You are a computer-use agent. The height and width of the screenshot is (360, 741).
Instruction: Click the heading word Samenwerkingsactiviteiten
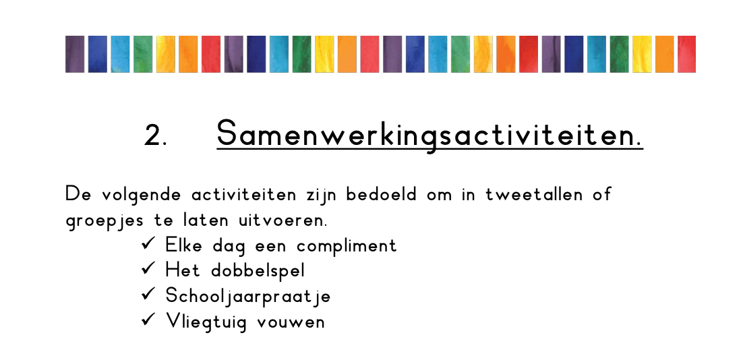pos(429,134)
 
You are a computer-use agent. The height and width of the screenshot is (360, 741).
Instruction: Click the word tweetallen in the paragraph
pos(534,194)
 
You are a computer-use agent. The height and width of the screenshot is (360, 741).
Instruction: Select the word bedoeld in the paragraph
pos(382,194)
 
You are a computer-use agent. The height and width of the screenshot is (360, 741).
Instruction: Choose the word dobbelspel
pos(258,271)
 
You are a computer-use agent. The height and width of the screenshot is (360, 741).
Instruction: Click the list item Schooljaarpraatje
pos(247,297)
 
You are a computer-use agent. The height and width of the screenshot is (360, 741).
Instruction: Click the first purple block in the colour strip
pos(75,55)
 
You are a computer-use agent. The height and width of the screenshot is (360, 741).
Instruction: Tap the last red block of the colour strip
pos(686,55)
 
